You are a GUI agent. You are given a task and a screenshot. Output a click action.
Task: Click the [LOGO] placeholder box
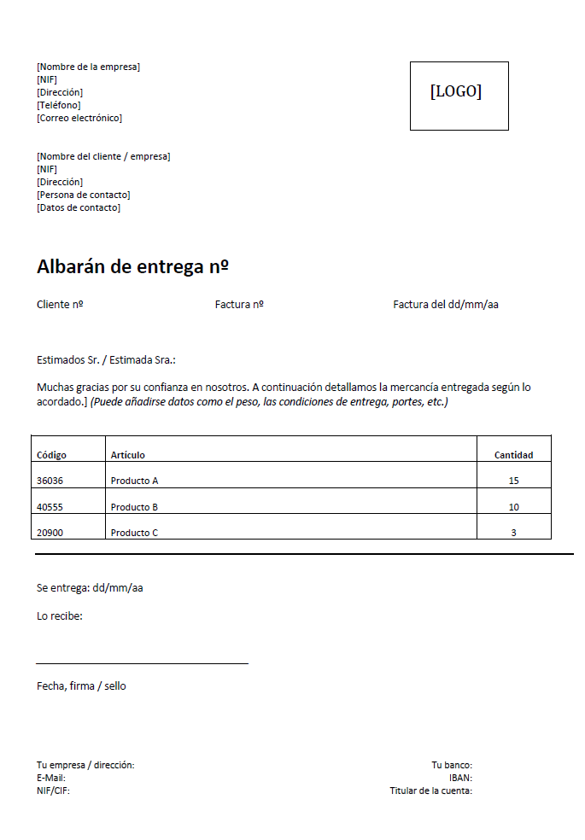click(459, 95)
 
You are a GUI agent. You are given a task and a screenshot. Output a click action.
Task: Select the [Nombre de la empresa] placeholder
click(88, 67)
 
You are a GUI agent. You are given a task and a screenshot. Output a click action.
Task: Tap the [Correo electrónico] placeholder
click(79, 118)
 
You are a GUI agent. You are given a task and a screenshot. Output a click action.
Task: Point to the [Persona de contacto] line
click(83, 195)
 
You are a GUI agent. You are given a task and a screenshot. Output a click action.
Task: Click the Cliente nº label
click(60, 304)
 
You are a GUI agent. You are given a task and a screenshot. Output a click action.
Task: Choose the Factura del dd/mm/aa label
click(445, 304)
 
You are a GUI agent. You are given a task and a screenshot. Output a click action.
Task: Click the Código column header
click(51, 455)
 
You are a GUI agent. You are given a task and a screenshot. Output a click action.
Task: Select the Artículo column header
click(128, 455)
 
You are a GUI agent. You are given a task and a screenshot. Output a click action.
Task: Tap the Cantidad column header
click(513, 455)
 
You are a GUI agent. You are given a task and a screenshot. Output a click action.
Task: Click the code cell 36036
click(50, 481)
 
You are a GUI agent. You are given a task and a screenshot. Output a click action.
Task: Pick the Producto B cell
click(134, 507)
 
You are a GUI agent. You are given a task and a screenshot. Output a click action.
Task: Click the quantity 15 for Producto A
click(513, 481)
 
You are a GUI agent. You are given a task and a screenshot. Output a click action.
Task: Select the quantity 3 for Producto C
click(513, 533)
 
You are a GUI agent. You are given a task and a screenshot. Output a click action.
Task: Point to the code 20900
click(50, 533)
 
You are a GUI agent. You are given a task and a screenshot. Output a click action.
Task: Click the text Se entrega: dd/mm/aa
click(90, 587)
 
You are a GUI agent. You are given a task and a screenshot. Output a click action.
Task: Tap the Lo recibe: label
click(60, 615)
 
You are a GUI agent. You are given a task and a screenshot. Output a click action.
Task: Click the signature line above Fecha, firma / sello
click(142, 662)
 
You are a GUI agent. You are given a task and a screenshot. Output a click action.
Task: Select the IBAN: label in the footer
click(460, 778)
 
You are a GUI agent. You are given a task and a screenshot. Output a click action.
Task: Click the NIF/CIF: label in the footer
click(53, 790)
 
